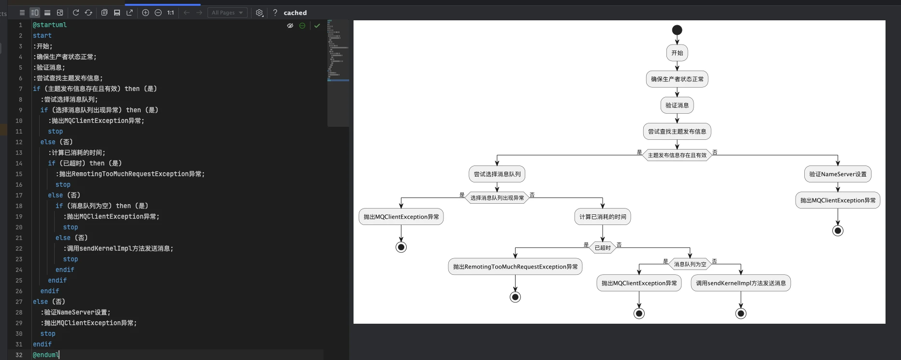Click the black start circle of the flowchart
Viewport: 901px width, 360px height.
[677, 30]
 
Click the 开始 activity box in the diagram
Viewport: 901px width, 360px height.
[677, 53]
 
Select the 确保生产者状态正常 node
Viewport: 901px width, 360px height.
[677, 79]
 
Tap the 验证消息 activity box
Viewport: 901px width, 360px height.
[677, 105]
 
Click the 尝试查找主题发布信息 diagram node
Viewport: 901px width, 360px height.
[677, 132]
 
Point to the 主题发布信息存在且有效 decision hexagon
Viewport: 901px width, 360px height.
[677, 155]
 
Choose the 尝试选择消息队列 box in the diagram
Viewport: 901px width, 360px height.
[497, 174]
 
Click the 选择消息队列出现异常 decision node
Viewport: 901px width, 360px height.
[497, 198]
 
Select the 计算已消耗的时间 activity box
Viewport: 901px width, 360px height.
[603, 217]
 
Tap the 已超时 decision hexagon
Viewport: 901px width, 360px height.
[603, 248]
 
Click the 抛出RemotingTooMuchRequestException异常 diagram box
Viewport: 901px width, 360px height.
[516, 267]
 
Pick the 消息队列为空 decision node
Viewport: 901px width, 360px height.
[690, 264]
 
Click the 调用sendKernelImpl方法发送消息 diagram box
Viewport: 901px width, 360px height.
[741, 283]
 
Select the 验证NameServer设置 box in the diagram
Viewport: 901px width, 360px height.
[838, 174]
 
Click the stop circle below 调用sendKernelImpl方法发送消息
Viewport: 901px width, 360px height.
[741, 314]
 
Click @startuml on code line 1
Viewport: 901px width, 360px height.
[50, 25]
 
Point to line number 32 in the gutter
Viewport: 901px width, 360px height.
[19, 355]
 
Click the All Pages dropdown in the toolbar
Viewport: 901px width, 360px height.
[227, 13]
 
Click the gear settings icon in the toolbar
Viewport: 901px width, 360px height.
[260, 13]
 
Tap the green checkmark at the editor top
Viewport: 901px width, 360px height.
[317, 26]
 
